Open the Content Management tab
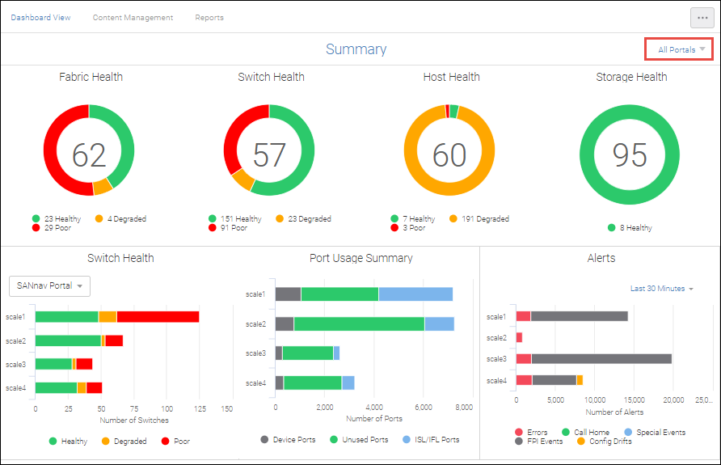pos(133,17)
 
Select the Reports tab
pos(209,17)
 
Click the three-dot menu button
pos(702,17)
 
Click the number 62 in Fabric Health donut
pos(89,154)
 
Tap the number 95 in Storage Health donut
pos(630,154)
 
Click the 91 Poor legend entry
pos(234,228)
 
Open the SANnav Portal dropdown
pos(49,285)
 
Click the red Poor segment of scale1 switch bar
pos(158,317)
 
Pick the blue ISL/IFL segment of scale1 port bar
pos(415,294)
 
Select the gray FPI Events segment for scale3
pos(601,358)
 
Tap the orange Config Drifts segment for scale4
pos(580,380)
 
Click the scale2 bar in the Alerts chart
pos(519,337)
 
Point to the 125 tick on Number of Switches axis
pos(199,408)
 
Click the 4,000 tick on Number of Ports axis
pos(374,408)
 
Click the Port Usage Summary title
pos(360,258)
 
